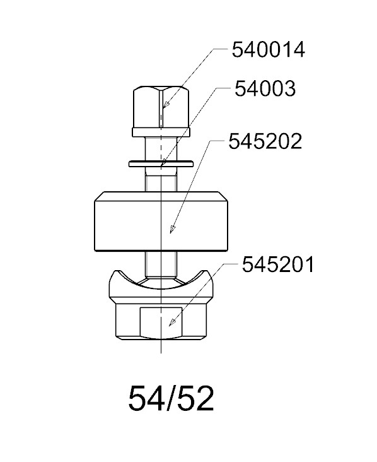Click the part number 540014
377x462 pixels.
tap(269, 50)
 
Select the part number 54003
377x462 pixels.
tap(265, 88)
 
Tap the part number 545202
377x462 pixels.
tap(265, 141)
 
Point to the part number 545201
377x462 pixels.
tap(278, 264)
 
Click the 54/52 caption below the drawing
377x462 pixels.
tap(171, 399)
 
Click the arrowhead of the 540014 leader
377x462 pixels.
tap(166, 105)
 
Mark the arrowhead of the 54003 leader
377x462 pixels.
tap(163, 162)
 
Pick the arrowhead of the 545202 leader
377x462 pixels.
tap(172, 229)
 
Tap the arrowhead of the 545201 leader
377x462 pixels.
tap(172, 323)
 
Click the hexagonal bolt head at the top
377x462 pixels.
tap(161, 107)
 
